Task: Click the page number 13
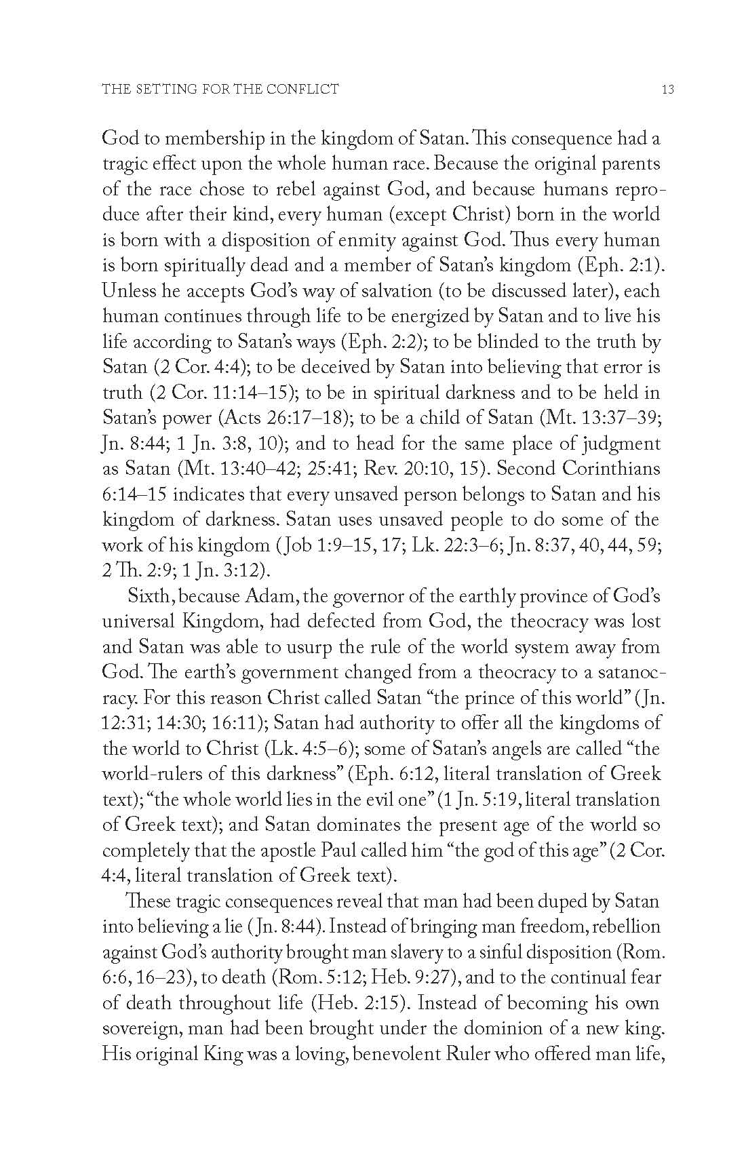point(667,89)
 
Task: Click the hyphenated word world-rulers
point(153,774)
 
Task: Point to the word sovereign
point(142,1029)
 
